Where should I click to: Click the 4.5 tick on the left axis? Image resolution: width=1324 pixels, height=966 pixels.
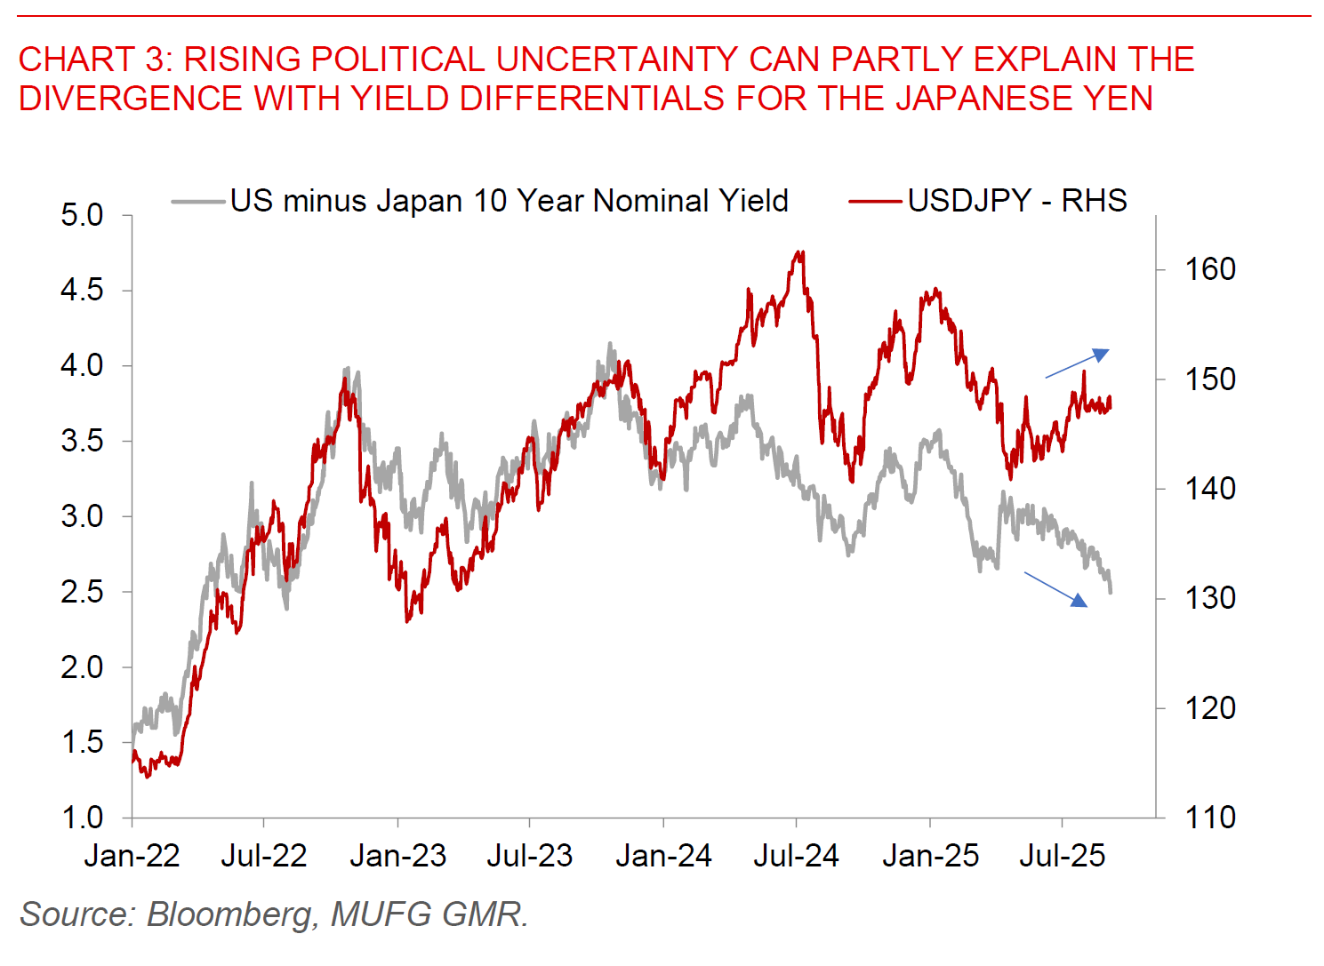(81, 291)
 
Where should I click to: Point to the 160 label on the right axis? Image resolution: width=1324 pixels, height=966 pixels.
(1209, 269)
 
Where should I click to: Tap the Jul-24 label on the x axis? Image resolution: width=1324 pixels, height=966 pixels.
(796, 856)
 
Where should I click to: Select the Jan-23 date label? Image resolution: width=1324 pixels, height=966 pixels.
(397, 856)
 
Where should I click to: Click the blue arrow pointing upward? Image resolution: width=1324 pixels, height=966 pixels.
(1077, 363)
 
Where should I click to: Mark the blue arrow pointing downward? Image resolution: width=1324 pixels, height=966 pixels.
(1055, 589)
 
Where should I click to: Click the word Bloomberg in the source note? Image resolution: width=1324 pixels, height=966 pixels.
(228, 914)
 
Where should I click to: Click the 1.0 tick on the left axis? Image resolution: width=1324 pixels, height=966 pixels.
(81, 818)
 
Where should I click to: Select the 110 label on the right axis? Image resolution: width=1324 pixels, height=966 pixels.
(1209, 818)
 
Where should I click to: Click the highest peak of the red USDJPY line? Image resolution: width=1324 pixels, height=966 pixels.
(801, 252)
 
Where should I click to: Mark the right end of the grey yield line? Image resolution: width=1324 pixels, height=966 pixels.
(1111, 591)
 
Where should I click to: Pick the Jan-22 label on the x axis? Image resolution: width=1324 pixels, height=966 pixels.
(132, 856)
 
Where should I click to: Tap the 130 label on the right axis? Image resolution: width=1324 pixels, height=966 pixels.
(1209, 598)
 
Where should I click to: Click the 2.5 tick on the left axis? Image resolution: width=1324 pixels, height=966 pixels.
(81, 592)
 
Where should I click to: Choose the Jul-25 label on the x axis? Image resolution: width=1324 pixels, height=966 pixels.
(1062, 856)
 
